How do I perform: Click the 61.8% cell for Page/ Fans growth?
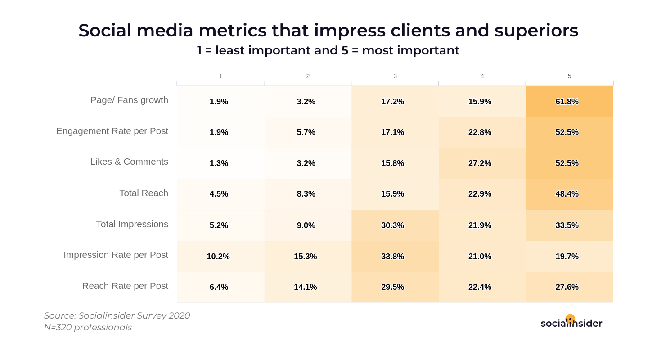pyautogui.click(x=569, y=102)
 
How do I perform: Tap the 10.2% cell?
pyautogui.click(x=218, y=256)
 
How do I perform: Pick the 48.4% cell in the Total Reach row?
pyautogui.click(x=569, y=194)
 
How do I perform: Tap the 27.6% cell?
pyautogui.click(x=569, y=287)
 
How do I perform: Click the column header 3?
pyautogui.click(x=395, y=76)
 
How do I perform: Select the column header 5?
pyautogui.click(x=569, y=76)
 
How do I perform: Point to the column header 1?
pyautogui.click(x=220, y=76)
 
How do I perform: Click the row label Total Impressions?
pyautogui.click(x=132, y=224)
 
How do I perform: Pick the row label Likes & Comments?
pyautogui.click(x=129, y=162)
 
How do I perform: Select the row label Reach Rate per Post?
pyautogui.click(x=125, y=286)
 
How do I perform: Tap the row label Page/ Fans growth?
pyautogui.click(x=129, y=100)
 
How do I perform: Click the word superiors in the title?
pyautogui.click(x=536, y=31)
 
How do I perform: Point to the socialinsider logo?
pyautogui.click(x=571, y=322)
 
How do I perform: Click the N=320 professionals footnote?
pyautogui.click(x=88, y=328)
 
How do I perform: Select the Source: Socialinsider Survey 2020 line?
pyautogui.click(x=117, y=315)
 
